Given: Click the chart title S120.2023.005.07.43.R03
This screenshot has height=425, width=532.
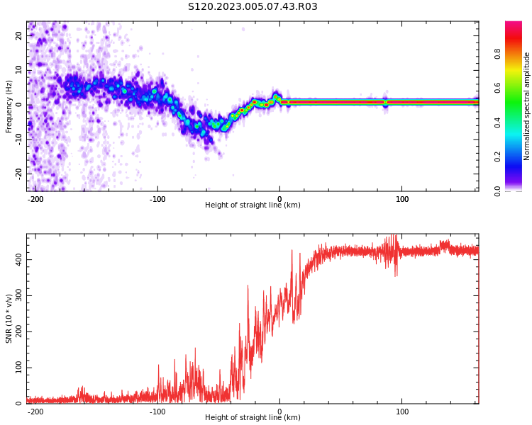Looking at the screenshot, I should (x=253, y=7).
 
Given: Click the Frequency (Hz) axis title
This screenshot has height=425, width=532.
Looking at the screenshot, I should (x=9, y=106).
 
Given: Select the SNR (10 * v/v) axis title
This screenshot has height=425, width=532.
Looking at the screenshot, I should (x=9, y=319).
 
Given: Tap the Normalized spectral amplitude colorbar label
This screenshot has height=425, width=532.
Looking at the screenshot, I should (x=527, y=106).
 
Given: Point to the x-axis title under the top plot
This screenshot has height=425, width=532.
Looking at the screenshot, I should (x=253, y=205).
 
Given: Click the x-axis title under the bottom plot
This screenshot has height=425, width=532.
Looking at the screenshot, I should (x=253, y=418).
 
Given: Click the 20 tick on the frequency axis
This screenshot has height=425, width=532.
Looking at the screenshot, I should (x=19, y=35).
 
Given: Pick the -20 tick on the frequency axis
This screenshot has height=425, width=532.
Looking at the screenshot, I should (x=19, y=174).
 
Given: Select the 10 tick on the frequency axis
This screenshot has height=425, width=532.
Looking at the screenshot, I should (x=19, y=70).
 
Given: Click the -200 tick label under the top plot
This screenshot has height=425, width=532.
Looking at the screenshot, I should (x=35, y=199).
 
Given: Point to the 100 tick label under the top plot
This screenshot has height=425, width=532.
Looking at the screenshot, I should (x=402, y=199).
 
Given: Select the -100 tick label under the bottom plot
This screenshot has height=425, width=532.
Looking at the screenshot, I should (x=157, y=412).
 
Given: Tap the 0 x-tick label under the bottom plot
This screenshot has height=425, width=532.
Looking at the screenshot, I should (x=279, y=412).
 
